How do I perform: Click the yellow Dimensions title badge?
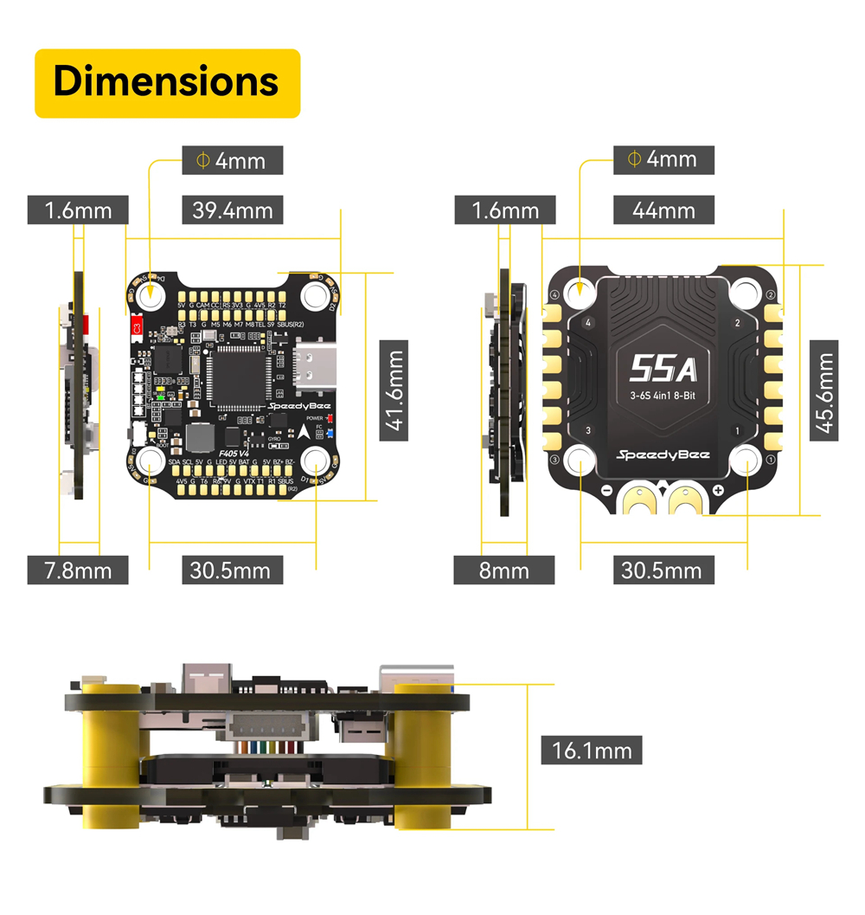coord(167,83)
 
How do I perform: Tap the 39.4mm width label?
coord(233,209)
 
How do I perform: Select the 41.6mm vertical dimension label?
coord(394,390)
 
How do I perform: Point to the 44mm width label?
coord(663,209)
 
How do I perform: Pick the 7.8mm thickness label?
coord(78,570)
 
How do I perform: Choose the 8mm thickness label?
coord(503,570)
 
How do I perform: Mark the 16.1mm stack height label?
coord(592,749)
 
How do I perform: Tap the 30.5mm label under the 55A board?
coord(663,570)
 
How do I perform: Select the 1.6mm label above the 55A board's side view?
coord(505,209)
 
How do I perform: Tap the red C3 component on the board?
coord(135,328)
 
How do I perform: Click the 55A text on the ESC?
coord(663,369)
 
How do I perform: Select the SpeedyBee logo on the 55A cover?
coord(663,455)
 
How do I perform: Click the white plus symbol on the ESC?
coord(718,491)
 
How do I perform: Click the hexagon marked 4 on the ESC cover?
coord(589,323)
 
